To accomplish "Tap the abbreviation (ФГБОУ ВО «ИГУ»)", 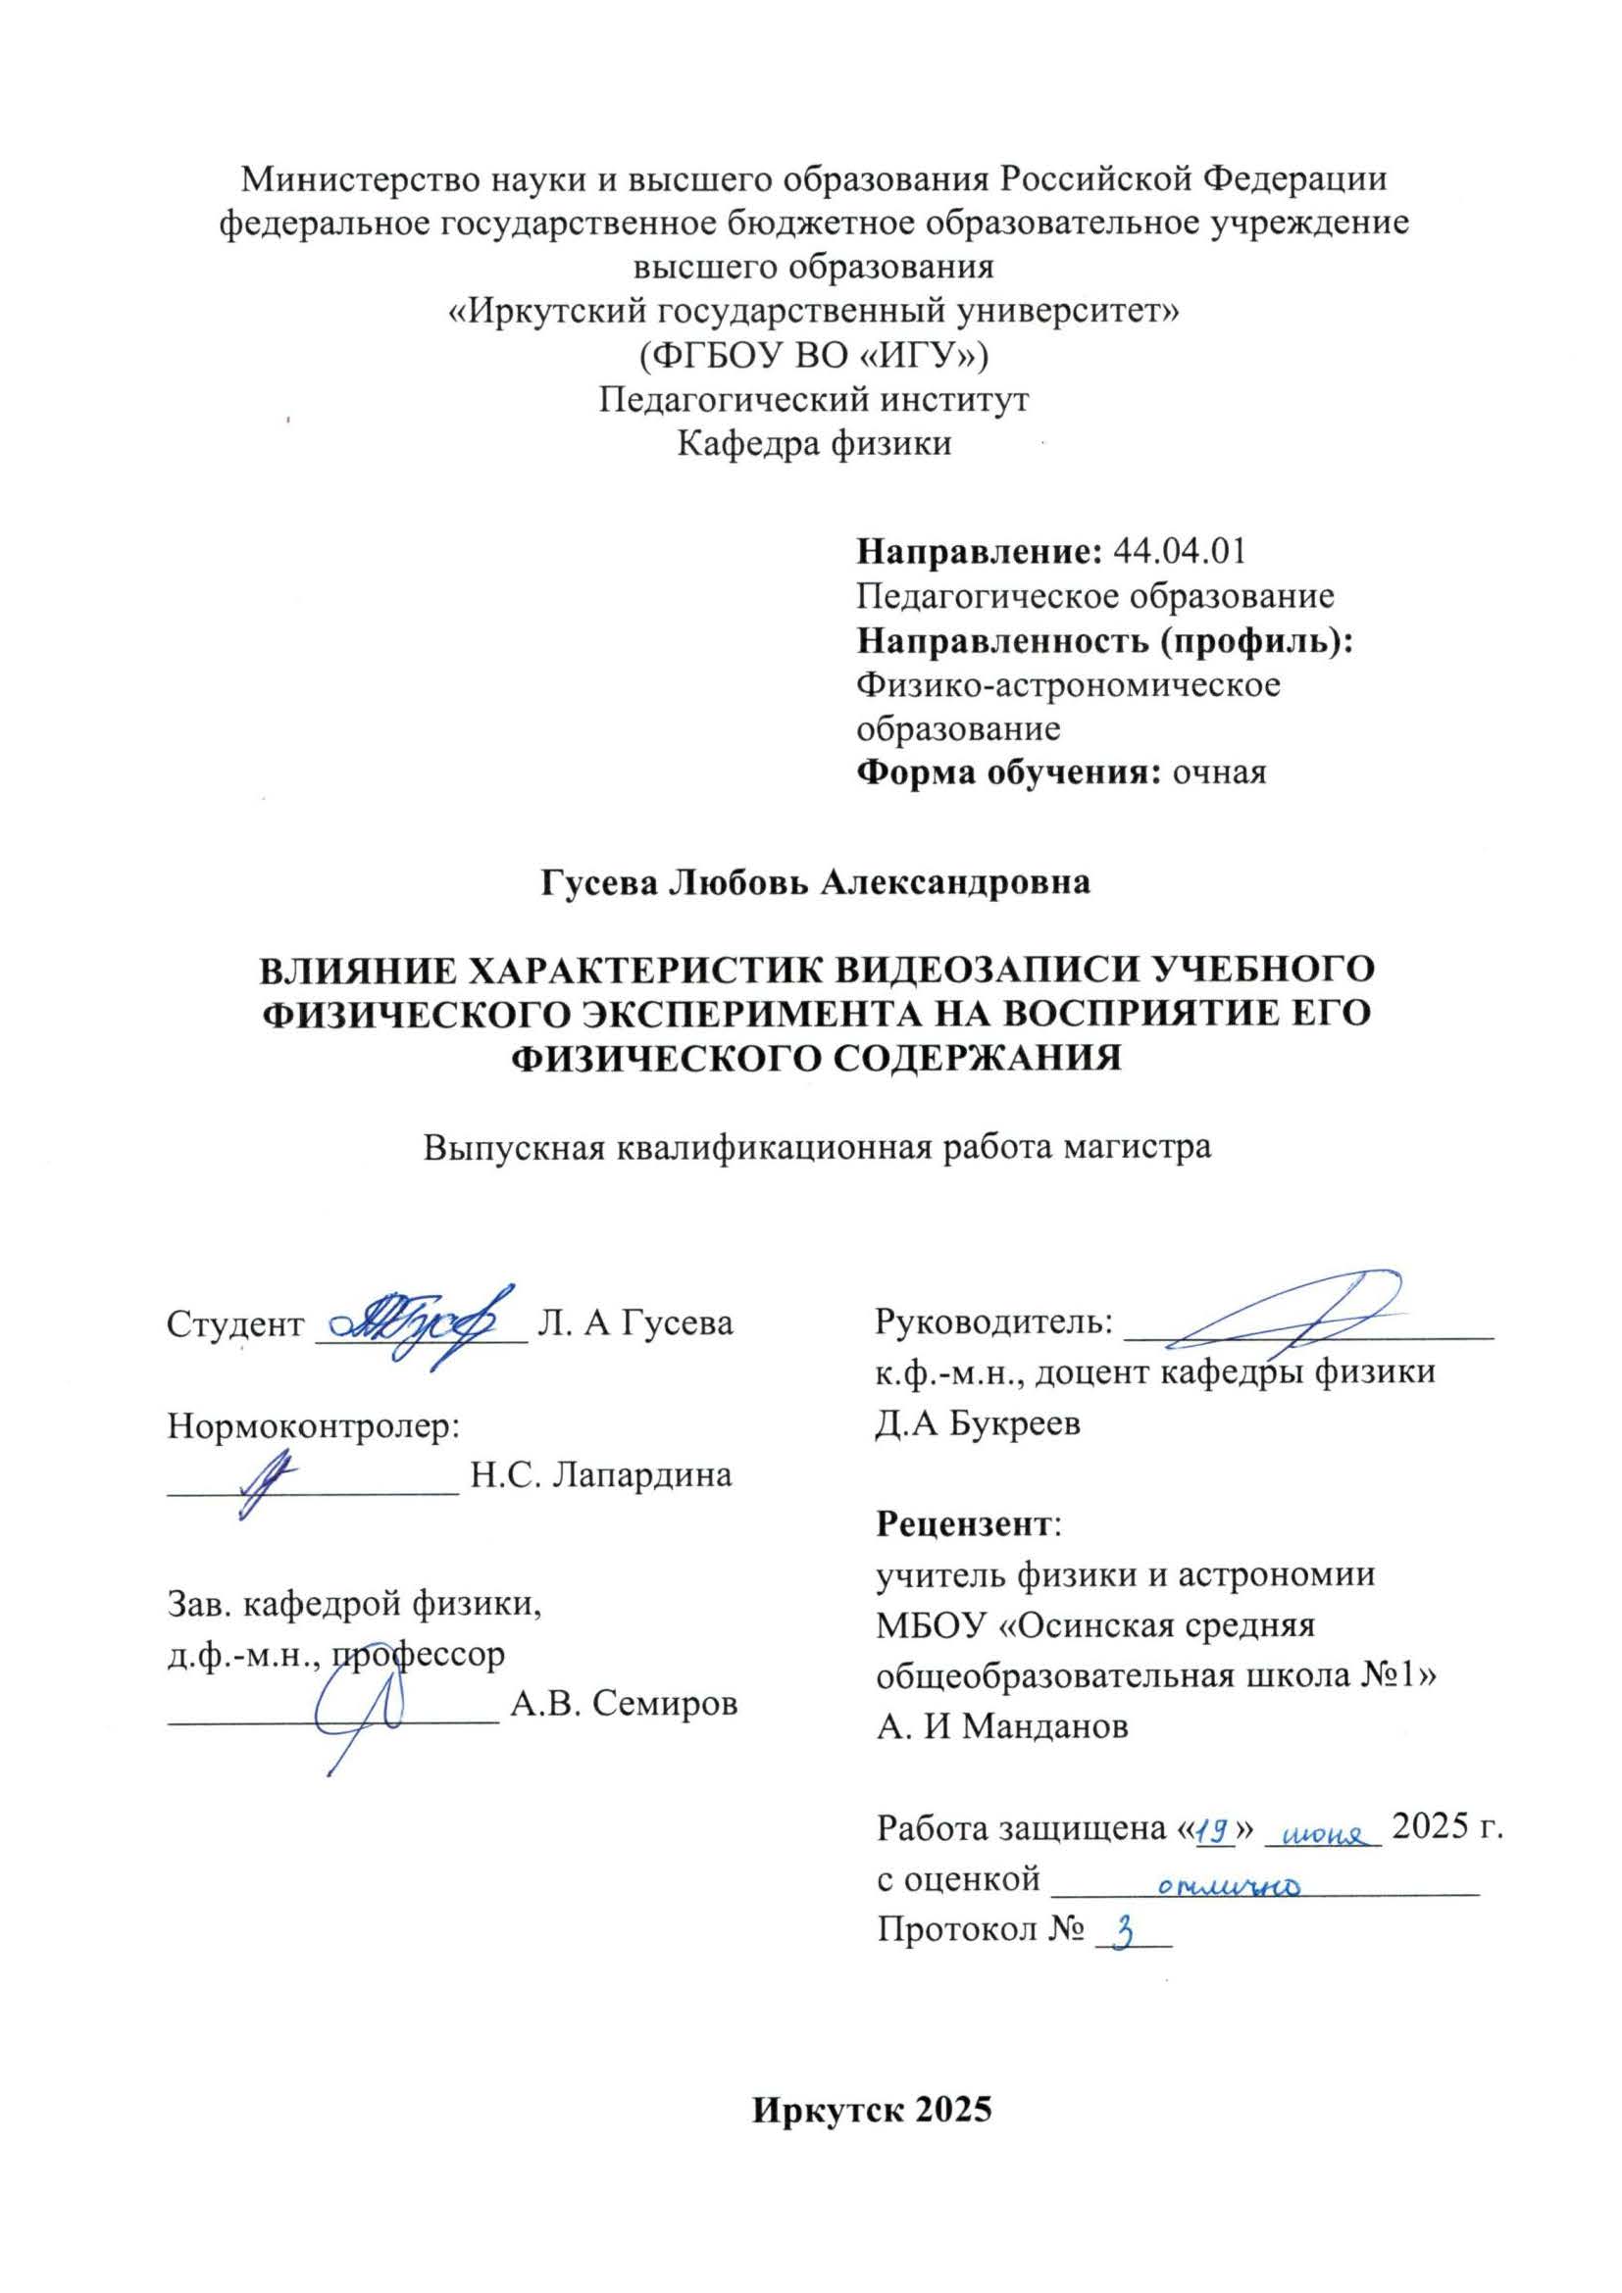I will pos(814,355).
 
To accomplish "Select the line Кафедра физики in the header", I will pos(814,442).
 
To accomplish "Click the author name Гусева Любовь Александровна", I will pos(815,883).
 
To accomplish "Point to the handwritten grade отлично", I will pos(1229,1884).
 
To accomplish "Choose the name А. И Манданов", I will pos(1003,1726).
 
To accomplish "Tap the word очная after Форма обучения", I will pos(1220,772).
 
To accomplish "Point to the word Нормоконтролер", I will pos(312,1426).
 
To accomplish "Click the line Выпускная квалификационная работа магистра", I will pos(817,1147).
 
